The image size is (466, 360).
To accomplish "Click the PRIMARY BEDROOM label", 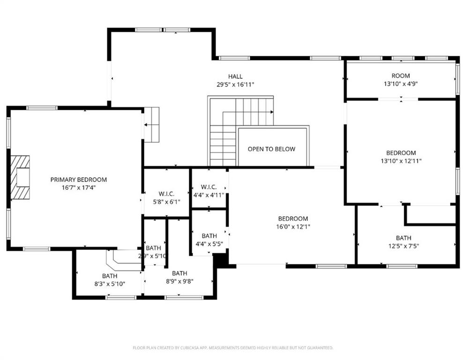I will [78, 180].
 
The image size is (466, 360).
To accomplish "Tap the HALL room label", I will [235, 76].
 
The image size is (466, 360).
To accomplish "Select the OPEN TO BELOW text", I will [271, 149].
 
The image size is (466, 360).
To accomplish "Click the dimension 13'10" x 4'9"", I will [400, 84].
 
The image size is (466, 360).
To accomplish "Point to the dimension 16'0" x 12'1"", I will [293, 227].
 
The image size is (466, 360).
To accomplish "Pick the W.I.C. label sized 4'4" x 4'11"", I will [209, 187].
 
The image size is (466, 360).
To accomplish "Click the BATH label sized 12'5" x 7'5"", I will [403, 238].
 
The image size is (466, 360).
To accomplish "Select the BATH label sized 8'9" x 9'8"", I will [179, 273].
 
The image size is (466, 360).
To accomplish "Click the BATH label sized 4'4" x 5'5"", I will [209, 236].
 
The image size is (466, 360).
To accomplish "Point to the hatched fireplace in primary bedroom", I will [20, 179].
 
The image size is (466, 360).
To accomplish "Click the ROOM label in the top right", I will [400, 76].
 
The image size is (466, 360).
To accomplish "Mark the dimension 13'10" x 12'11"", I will [400, 161].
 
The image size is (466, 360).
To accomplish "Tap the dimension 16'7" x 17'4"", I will [78, 187].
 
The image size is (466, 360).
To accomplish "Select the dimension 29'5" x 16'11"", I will [235, 85].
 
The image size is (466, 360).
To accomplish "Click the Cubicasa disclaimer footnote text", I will [233, 348].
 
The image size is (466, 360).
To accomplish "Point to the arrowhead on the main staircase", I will [271, 112].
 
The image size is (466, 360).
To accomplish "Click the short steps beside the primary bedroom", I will [151, 125].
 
